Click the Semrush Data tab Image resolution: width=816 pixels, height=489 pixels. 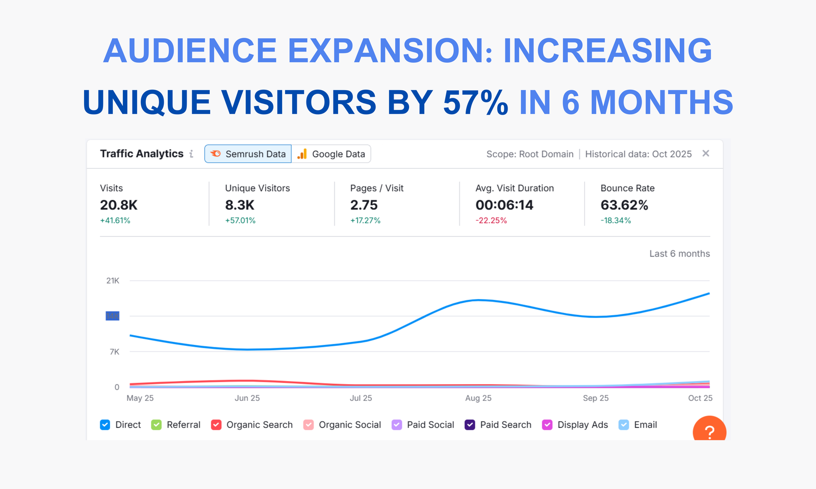(248, 154)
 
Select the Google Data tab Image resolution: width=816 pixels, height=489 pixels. (331, 154)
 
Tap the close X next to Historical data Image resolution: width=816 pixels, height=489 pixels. (706, 153)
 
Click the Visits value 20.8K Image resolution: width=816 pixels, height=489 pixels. (119, 205)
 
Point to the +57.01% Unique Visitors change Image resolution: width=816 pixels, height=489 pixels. (240, 221)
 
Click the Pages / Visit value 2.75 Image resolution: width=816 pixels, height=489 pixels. (364, 205)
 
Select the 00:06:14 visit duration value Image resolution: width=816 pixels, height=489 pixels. (504, 205)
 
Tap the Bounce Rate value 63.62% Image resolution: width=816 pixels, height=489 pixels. (624, 205)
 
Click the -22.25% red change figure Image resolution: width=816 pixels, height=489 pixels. (491, 221)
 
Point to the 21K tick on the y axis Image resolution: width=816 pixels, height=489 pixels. (113, 281)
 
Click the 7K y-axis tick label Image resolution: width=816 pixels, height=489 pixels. (114, 352)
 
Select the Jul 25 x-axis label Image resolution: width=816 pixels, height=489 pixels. (361, 398)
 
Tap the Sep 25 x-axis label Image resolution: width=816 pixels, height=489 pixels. (596, 398)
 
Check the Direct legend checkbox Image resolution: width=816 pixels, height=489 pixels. (105, 425)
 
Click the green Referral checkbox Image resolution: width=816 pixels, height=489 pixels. (157, 425)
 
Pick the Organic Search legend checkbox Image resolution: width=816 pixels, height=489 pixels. (216, 425)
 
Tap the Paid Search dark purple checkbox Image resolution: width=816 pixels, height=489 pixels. (470, 425)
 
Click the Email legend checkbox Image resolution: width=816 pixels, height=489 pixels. (624, 425)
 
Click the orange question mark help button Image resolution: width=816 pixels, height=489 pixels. (709, 431)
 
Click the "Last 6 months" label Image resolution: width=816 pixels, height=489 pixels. (679, 254)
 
